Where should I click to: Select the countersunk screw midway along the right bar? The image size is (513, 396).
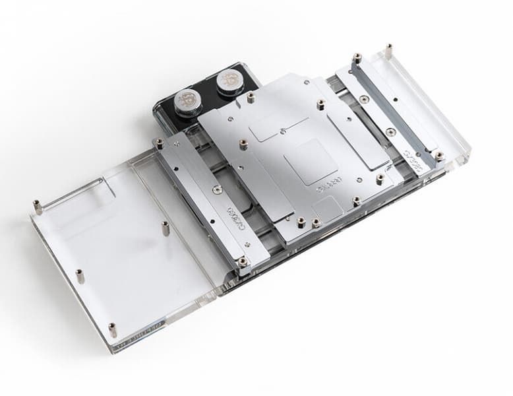(x=390, y=131)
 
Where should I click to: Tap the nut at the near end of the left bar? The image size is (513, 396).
(x=243, y=261)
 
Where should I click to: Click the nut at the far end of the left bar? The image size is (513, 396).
(x=159, y=143)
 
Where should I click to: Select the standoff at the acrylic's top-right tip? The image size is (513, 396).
(x=389, y=49)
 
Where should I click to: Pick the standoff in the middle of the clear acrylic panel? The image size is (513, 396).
(x=165, y=228)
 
